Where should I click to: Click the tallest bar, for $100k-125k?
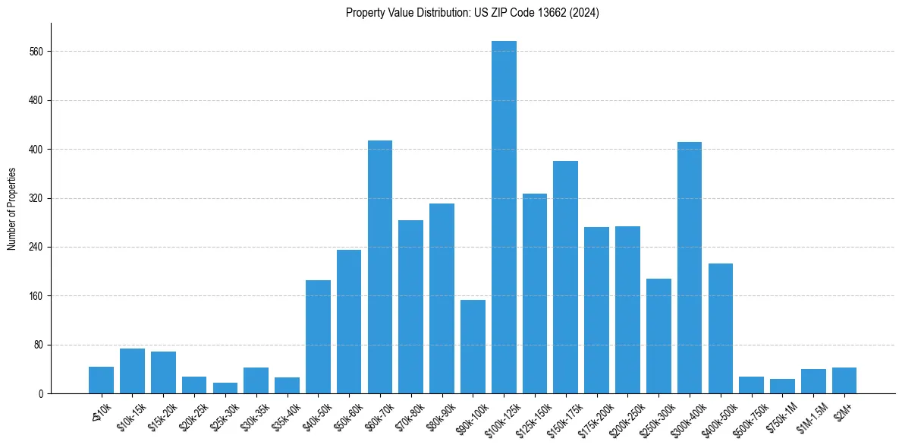(x=504, y=217)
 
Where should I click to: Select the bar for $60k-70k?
(x=380, y=267)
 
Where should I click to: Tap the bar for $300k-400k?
(x=690, y=267)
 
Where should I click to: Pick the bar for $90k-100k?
(x=473, y=346)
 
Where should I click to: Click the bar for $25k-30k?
(x=225, y=388)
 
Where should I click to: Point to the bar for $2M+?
(x=844, y=380)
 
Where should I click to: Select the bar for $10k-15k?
(x=132, y=371)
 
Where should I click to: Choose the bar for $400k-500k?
(x=721, y=328)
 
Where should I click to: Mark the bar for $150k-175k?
(x=566, y=277)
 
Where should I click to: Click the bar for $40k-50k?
(x=318, y=336)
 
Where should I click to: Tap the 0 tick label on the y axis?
(x=42, y=393)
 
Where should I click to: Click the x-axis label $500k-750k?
(x=750, y=416)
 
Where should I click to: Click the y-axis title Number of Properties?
(x=11, y=209)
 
